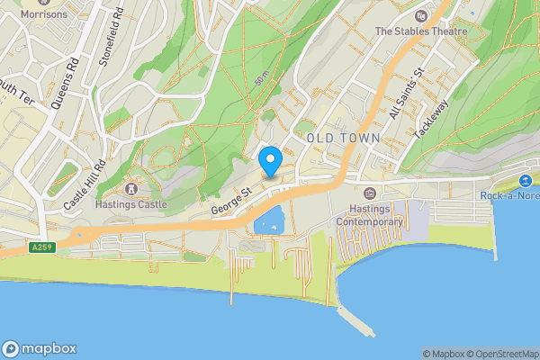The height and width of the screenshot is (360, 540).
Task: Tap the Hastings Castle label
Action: pos(131,204)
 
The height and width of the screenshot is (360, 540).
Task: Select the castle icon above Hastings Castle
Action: pos(131,189)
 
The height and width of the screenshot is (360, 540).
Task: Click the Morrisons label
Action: pos(43,14)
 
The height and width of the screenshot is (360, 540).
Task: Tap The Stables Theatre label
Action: pos(421,31)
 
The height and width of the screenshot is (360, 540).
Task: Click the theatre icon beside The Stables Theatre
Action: pos(421,16)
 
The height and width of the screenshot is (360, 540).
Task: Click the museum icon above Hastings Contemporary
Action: pos(369,194)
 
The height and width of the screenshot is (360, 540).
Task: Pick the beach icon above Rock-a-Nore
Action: pos(526,184)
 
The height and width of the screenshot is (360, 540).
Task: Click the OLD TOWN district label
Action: pos(343,137)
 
